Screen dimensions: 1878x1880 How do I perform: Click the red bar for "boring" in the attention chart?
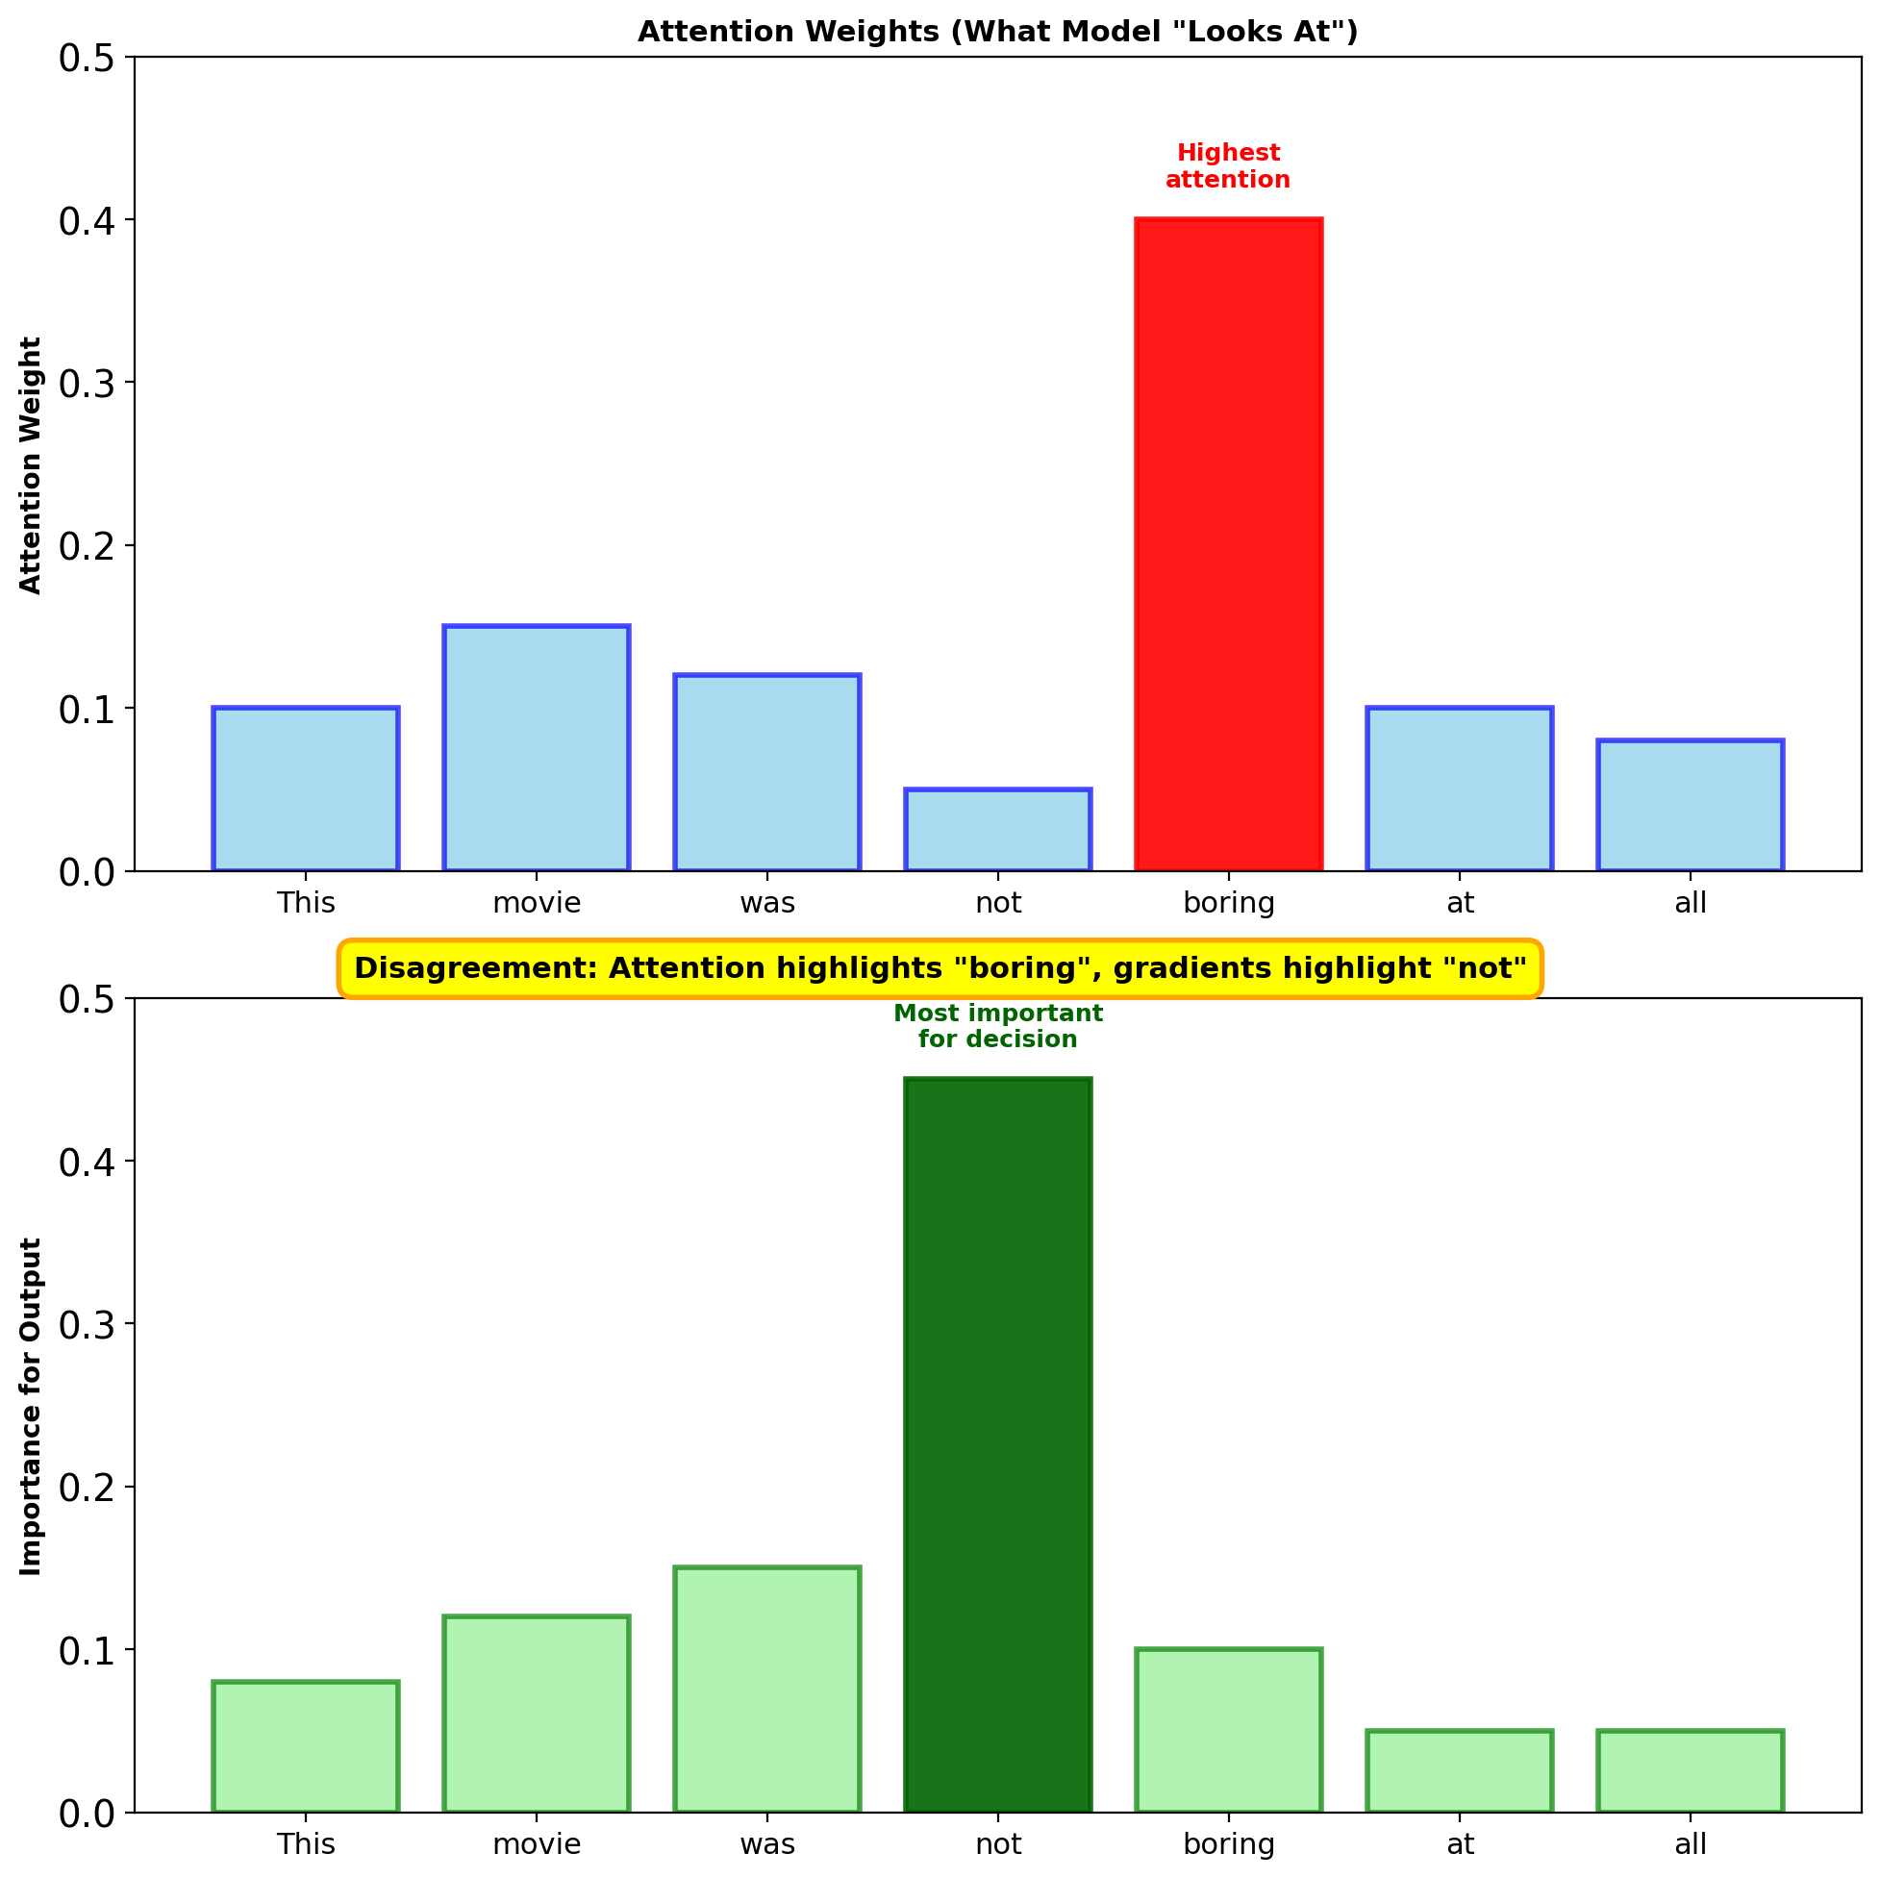(x=1228, y=545)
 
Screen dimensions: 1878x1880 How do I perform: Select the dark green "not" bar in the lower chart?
(x=997, y=1445)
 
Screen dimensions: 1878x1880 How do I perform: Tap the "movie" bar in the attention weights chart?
(x=537, y=748)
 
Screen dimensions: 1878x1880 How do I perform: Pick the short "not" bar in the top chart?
(x=997, y=830)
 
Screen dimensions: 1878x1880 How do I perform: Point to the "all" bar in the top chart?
(x=1691, y=806)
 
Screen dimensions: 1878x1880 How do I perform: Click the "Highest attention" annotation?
(x=1228, y=166)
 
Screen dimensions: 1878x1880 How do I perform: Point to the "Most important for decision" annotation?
(x=997, y=1027)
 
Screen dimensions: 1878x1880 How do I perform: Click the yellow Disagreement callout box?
(x=940, y=968)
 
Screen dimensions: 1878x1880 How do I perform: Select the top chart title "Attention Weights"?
(x=997, y=32)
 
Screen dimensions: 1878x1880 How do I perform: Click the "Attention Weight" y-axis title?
(x=31, y=465)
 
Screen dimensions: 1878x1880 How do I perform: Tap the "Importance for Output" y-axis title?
(x=31, y=1406)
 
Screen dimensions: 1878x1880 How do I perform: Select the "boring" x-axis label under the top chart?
(x=1228, y=903)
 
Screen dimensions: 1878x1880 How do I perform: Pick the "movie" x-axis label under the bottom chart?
(x=537, y=1844)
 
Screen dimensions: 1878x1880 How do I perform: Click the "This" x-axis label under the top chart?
(x=306, y=903)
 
